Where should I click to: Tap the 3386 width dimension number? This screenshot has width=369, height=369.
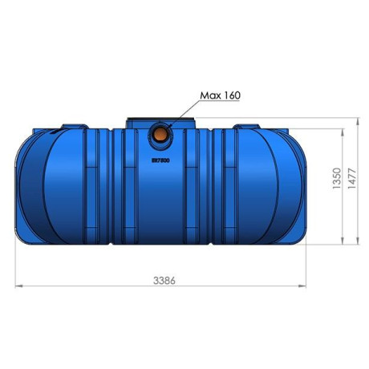(x=164, y=280)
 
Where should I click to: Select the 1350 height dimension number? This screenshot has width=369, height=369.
(x=338, y=178)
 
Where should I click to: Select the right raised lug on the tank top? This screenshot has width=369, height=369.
(x=245, y=127)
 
